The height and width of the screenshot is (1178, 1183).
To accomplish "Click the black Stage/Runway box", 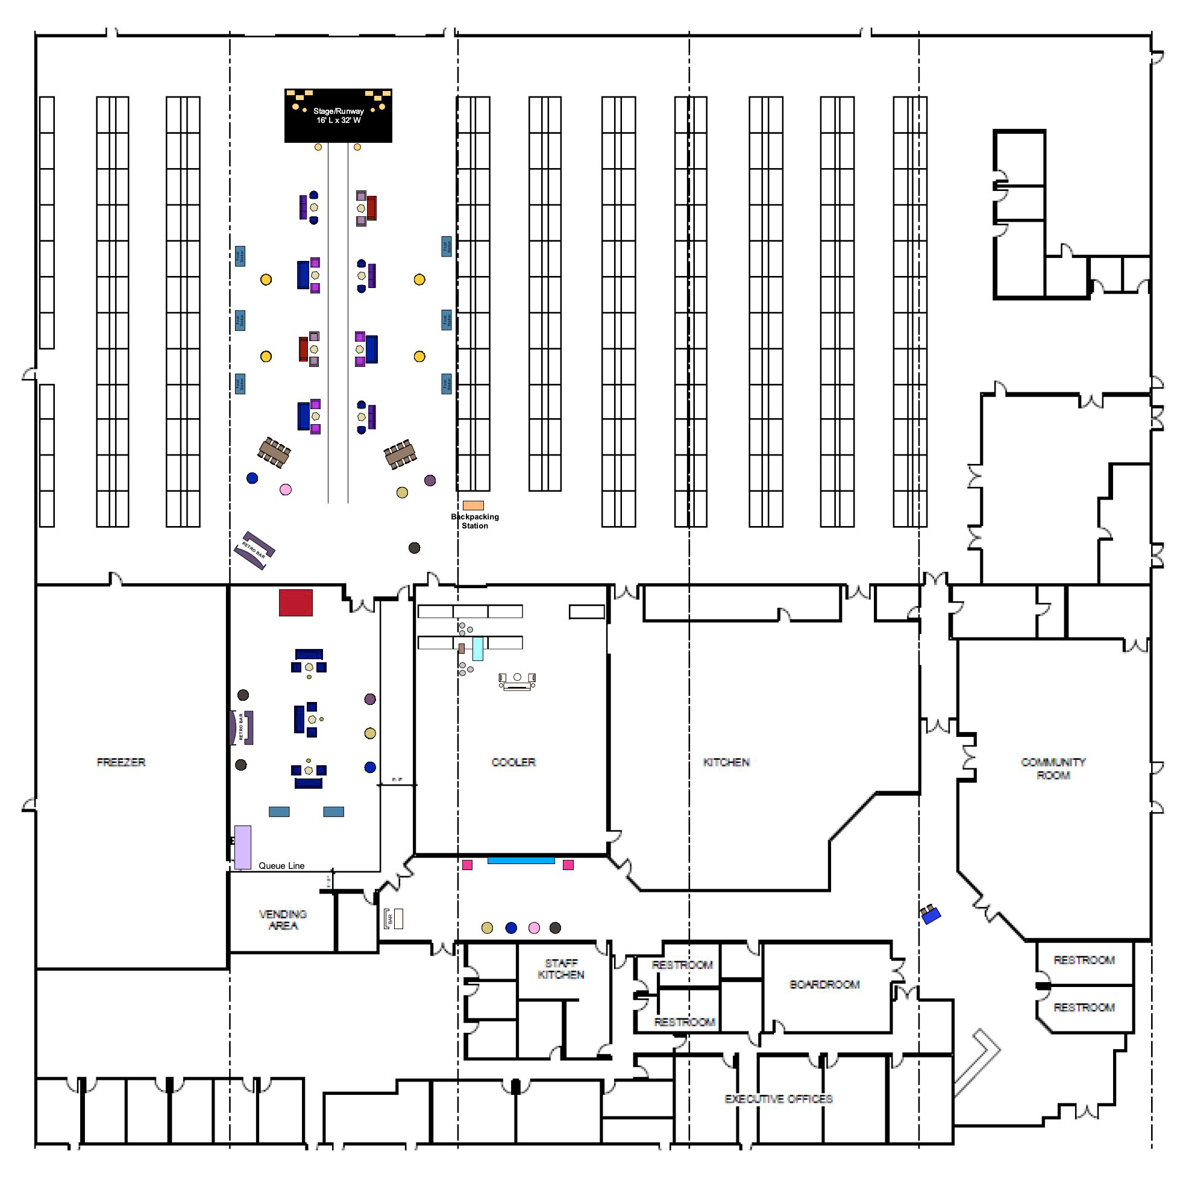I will [338, 116].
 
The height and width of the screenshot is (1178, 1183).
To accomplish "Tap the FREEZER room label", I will [121, 762].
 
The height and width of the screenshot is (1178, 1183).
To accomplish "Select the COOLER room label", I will [513, 762].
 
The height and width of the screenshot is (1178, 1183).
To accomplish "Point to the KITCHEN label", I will [726, 762].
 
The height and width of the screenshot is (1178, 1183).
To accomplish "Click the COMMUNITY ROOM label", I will [1053, 768].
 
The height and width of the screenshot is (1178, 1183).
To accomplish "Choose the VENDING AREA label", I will [283, 920].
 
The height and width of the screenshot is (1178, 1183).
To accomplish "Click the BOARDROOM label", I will [824, 985].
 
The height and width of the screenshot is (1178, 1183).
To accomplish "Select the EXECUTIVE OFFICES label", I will [778, 1099].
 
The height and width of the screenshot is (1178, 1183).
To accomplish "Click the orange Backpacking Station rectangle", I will [473, 506].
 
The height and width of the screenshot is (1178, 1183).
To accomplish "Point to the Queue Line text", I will [281, 866].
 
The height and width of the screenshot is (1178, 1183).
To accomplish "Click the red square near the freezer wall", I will [296, 603].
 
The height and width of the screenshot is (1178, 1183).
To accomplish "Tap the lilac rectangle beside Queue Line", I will [243, 847].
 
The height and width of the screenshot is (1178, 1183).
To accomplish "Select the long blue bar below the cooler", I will [521, 861].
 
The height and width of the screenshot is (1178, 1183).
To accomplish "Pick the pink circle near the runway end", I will [285, 490].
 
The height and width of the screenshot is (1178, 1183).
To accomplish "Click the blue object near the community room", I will [930, 915].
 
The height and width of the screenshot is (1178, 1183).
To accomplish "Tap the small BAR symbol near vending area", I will [394, 919].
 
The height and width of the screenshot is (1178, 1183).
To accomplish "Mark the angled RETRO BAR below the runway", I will [255, 550].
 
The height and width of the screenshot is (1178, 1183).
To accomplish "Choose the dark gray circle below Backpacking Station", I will [415, 548].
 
